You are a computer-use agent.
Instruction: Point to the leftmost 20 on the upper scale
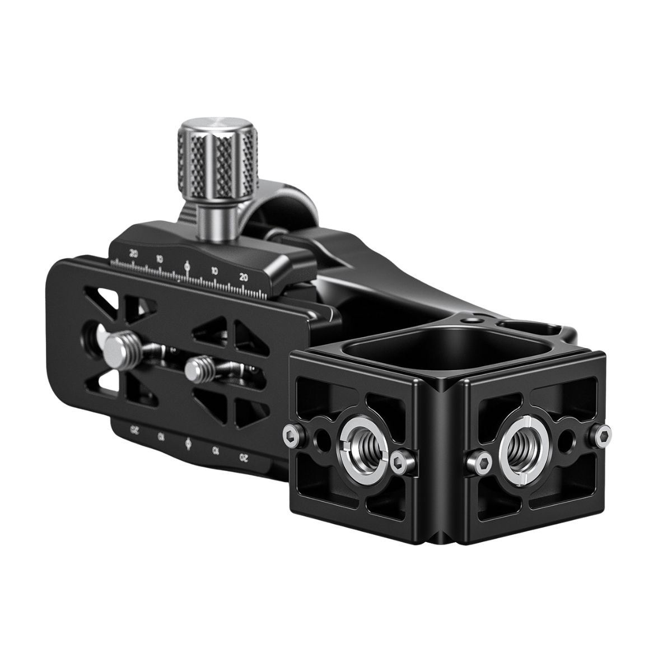[133, 253]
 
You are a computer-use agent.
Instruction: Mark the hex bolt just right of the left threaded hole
[398, 460]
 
